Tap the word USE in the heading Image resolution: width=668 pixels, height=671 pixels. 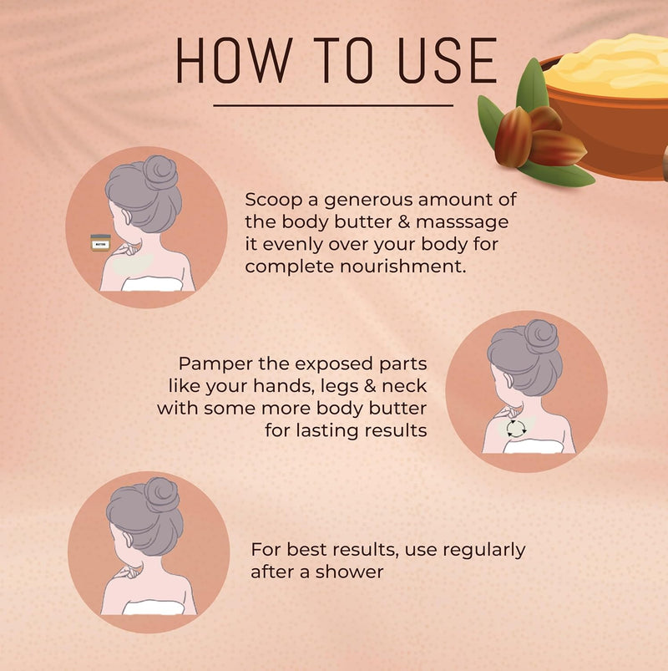(448, 60)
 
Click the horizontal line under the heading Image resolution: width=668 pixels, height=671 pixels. (333, 105)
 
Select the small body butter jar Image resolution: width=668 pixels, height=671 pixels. (100, 242)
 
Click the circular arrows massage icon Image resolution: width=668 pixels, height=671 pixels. (516, 429)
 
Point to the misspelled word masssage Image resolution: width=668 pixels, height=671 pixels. (463, 222)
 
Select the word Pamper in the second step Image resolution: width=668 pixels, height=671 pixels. (216, 364)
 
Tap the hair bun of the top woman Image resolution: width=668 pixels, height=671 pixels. (160, 172)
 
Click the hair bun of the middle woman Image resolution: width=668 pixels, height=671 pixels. (541, 337)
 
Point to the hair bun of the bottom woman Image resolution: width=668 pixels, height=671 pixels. (162, 495)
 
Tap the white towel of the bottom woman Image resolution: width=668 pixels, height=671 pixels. (154, 607)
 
